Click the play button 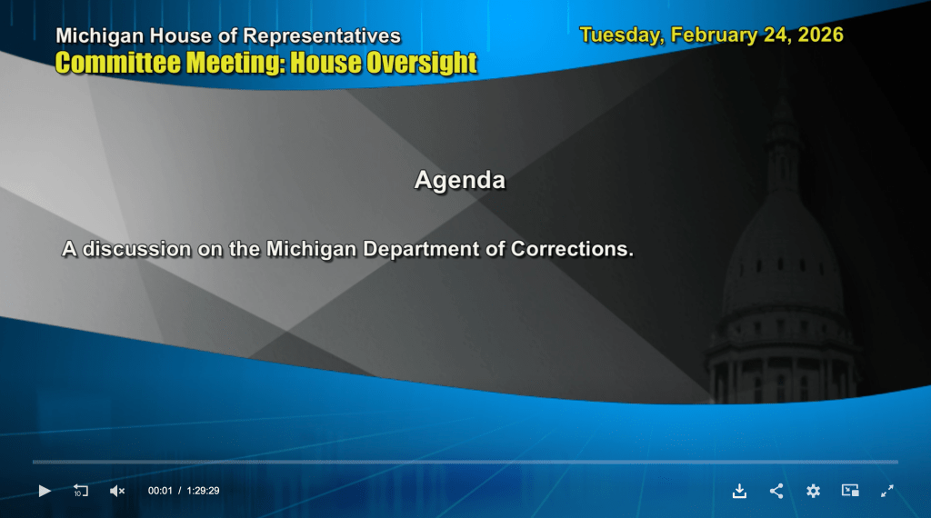[45, 491]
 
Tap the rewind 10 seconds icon [80, 491]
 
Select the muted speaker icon [117, 491]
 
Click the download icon [739, 491]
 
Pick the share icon [776, 491]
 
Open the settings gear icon [813, 491]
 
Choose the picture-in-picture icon [850, 490]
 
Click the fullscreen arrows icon [887, 491]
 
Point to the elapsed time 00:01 [160, 491]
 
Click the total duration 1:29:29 [203, 491]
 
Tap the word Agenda [460, 180]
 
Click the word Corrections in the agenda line [572, 249]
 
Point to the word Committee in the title [117, 63]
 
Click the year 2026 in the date [820, 35]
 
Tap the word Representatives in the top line [322, 36]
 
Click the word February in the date [714, 35]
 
